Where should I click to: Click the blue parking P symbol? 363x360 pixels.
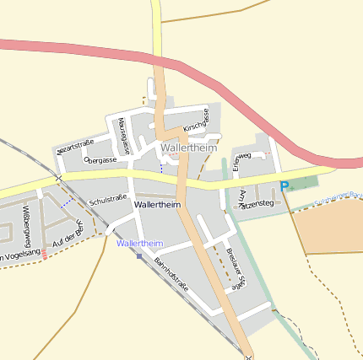(284, 186)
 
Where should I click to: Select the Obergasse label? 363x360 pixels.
(100, 159)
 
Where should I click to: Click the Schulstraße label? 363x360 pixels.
(107, 200)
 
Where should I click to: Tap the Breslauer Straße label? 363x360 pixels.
(236, 270)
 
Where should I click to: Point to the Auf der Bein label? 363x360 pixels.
(68, 235)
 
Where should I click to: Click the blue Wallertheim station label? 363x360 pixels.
(140, 243)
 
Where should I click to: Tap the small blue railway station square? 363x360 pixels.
(138, 255)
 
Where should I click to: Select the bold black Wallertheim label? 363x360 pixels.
(158, 205)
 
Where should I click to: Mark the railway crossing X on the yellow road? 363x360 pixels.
(58, 179)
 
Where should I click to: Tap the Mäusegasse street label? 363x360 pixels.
(124, 136)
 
